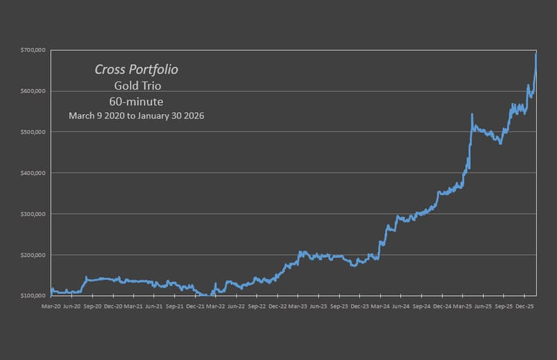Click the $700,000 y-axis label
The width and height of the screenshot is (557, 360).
[33, 50]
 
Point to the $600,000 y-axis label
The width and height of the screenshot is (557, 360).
[33, 91]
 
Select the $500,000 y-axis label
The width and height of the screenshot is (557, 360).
[33, 132]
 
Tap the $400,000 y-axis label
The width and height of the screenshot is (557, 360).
[33, 173]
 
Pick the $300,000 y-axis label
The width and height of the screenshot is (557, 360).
[33, 214]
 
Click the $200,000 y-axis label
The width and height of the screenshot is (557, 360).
[33, 255]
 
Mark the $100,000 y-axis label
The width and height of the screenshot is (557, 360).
[33, 296]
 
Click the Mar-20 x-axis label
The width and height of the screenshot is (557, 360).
[52, 306]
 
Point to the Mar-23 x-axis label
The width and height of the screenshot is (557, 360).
[298, 306]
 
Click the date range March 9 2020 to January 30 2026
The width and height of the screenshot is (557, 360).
[136, 116]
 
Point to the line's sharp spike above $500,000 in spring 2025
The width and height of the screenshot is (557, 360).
[472, 114]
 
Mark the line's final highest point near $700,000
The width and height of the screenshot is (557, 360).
[536, 53]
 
